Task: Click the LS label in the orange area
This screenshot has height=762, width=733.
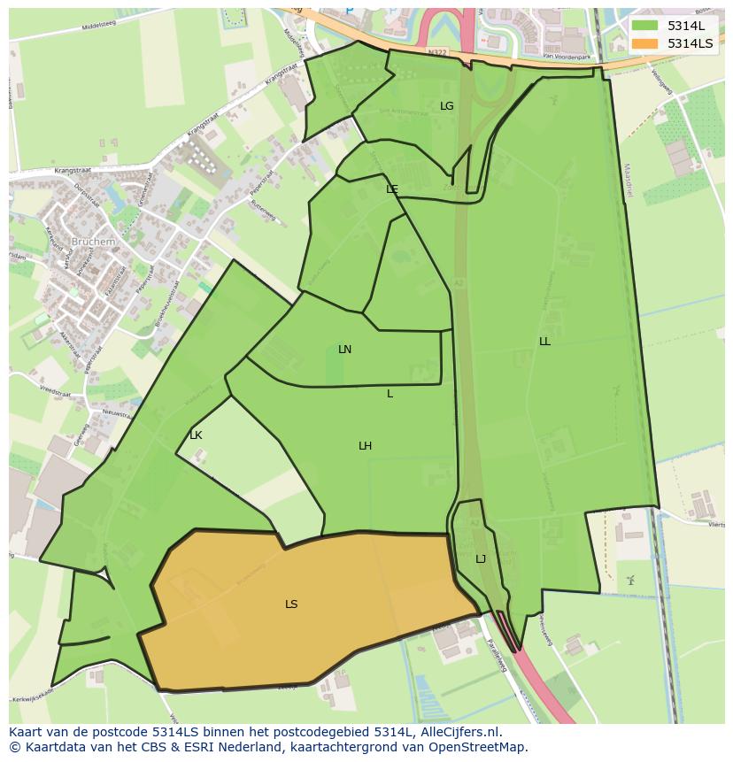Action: pos(291,604)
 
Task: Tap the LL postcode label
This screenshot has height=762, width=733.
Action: pos(544,342)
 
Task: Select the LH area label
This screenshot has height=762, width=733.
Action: pos(365,446)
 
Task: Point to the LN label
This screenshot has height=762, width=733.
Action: pos(344,350)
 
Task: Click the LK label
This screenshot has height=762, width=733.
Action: pos(196,435)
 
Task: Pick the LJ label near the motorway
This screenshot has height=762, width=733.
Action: pos(481,559)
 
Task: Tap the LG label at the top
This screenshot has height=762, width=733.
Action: pos(447,106)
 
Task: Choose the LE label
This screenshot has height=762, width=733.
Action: pos(392,189)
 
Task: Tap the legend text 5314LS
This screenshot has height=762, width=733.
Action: pos(691,43)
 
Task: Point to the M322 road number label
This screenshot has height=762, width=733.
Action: pos(436,53)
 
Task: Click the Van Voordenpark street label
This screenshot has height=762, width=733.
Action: pos(567,57)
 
